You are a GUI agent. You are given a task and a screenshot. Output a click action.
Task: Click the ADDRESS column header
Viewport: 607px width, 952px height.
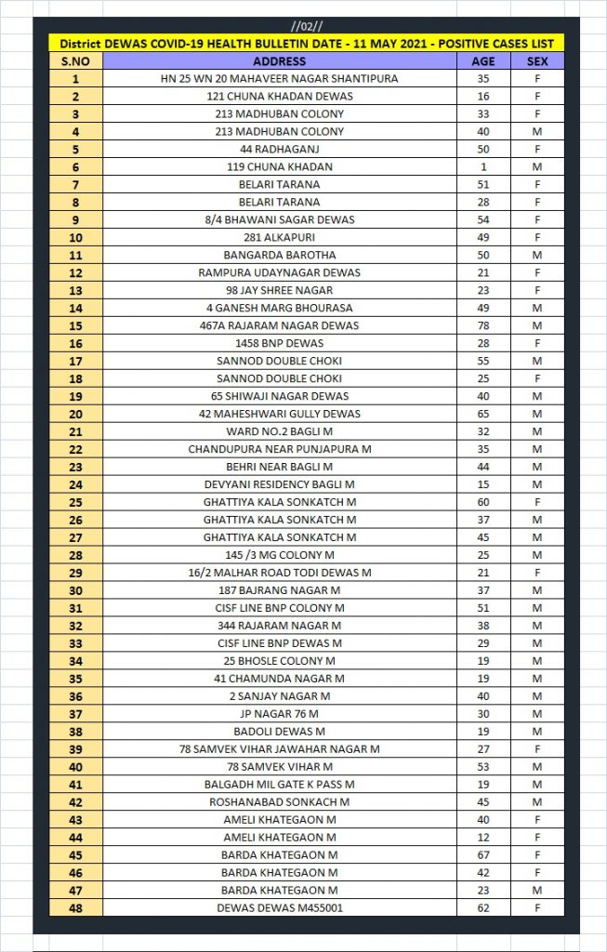(x=280, y=61)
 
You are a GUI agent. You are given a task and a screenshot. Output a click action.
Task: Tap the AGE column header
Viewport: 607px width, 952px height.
(x=482, y=61)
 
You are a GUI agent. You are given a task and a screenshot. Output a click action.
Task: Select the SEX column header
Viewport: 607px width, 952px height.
(x=536, y=61)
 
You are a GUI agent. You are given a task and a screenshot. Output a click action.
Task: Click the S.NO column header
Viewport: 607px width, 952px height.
(x=75, y=61)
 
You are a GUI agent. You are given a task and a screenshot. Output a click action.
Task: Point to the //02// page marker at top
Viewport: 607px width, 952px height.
(x=305, y=27)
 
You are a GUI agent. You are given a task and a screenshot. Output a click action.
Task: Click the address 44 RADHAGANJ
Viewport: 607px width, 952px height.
(x=280, y=149)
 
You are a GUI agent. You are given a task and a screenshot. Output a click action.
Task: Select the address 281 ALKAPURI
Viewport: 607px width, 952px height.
(x=280, y=237)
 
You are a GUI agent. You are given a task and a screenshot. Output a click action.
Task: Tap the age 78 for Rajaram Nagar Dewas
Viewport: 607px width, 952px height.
(x=482, y=325)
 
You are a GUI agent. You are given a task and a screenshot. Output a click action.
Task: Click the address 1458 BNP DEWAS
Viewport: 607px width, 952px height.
(x=280, y=343)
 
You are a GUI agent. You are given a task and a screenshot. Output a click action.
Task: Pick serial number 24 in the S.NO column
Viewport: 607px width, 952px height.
(x=75, y=484)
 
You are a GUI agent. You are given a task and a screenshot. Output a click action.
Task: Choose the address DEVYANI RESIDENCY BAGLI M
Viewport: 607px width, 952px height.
(x=280, y=484)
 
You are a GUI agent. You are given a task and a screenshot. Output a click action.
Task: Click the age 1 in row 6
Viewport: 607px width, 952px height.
(x=482, y=166)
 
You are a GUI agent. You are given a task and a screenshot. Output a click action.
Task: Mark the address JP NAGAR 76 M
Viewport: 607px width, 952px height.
(x=280, y=714)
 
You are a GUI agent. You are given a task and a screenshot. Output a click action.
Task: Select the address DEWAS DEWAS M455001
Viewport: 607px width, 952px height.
(x=280, y=907)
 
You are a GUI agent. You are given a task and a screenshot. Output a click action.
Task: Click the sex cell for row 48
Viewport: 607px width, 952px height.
(x=536, y=907)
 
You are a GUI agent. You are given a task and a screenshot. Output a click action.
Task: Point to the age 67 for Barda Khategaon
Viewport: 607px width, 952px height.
(x=482, y=854)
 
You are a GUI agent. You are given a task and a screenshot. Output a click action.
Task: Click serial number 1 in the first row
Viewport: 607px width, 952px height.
(x=75, y=79)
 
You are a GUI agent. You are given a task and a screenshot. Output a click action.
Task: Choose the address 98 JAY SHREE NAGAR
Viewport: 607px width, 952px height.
(x=280, y=290)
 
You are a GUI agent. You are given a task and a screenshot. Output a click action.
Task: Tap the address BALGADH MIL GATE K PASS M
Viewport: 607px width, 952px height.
(x=280, y=785)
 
